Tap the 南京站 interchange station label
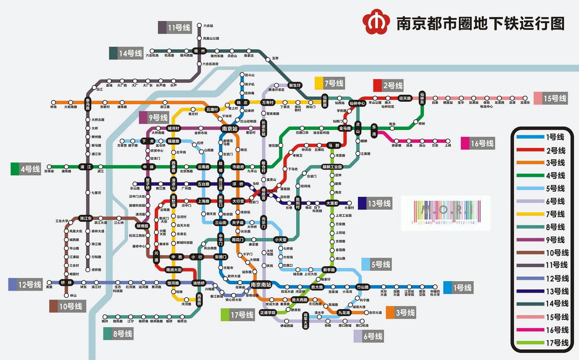[x=229, y=129]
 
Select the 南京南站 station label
[x=261, y=285]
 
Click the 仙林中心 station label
[x=358, y=103]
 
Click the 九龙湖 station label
[x=345, y=313]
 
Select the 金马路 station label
[x=345, y=129]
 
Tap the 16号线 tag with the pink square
[x=478, y=143]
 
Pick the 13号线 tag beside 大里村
[x=374, y=203]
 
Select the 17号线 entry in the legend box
[x=545, y=343]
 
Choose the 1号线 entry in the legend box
[x=545, y=137]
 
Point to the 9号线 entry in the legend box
[x=545, y=240]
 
